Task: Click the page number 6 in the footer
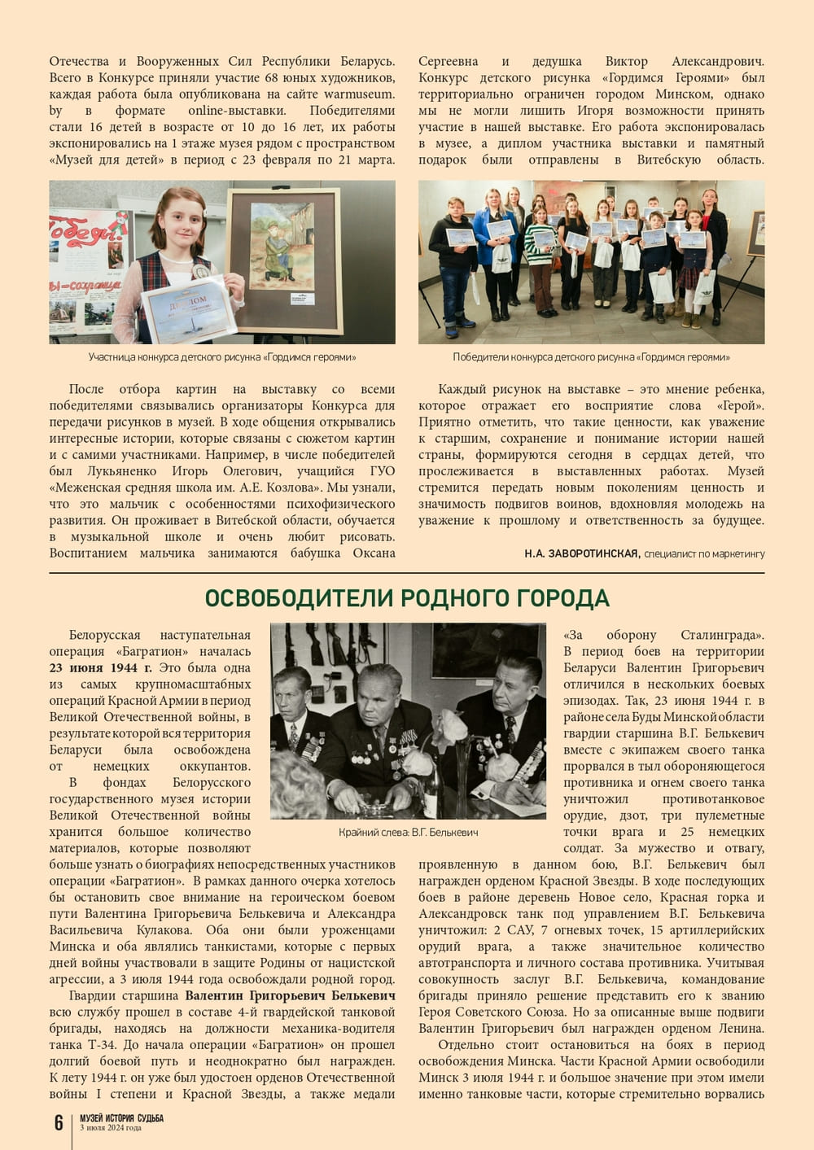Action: click(x=59, y=1123)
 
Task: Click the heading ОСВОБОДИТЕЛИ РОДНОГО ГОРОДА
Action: click(x=407, y=599)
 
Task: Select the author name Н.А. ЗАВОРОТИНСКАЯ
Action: click(x=581, y=553)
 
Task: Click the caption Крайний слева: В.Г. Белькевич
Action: click(x=409, y=833)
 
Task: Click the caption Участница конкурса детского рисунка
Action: click(x=222, y=357)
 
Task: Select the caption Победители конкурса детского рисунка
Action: click(x=591, y=357)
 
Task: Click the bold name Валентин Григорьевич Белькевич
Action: click(x=291, y=995)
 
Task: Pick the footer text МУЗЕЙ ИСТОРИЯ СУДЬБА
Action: click(x=121, y=1118)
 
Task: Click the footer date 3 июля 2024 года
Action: click(x=111, y=1128)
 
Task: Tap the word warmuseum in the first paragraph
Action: click(x=359, y=94)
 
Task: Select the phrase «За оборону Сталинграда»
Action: click(x=663, y=635)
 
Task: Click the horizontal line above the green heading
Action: click(x=407, y=573)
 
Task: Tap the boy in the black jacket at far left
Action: click(x=451, y=260)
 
